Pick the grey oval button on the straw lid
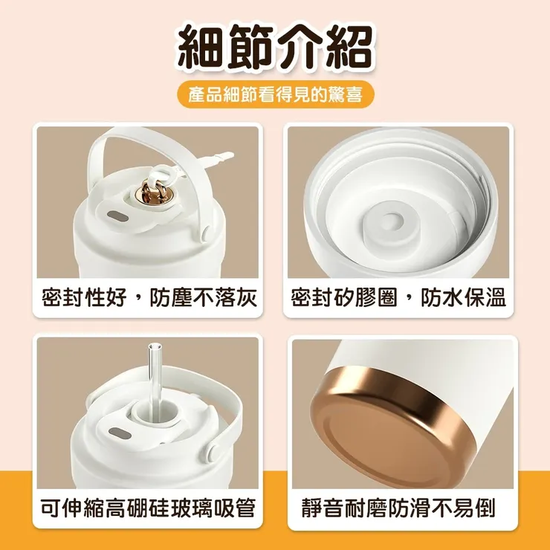point(117,430)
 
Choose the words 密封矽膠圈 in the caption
point(343,299)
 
